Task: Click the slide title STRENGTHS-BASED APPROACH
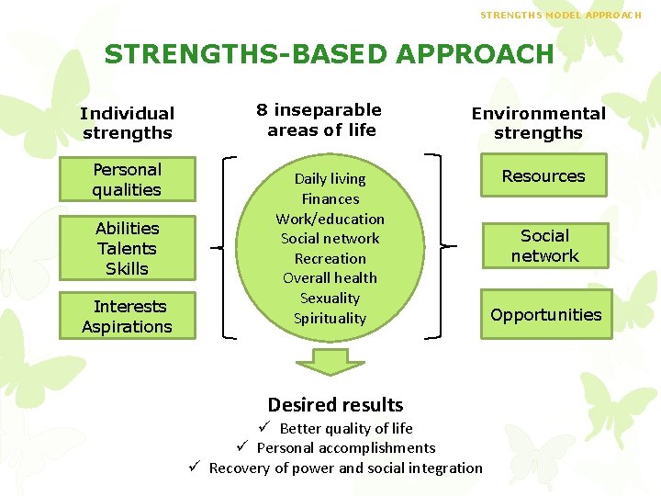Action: (x=329, y=54)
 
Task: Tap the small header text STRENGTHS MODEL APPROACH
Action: (x=574, y=15)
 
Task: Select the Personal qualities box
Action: (x=127, y=180)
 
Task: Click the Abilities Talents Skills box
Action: (x=127, y=248)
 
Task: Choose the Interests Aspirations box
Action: (x=127, y=317)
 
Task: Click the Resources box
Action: (x=543, y=176)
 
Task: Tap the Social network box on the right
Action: (x=544, y=246)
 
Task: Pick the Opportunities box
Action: (x=545, y=315)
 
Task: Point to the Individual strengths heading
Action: (x=127, y=123)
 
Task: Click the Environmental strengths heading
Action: (x=538, y=123)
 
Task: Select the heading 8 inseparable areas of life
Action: (x=319, y=120)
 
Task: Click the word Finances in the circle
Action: (x=330, y=198)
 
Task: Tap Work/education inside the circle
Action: (x=330, y=219)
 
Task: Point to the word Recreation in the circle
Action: (x=330, y=258)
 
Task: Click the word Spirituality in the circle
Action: (x=330, y=319)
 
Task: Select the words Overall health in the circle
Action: (x=330, y=278)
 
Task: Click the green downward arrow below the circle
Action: (x=330, y=362)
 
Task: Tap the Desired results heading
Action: (x=335, y=405)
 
